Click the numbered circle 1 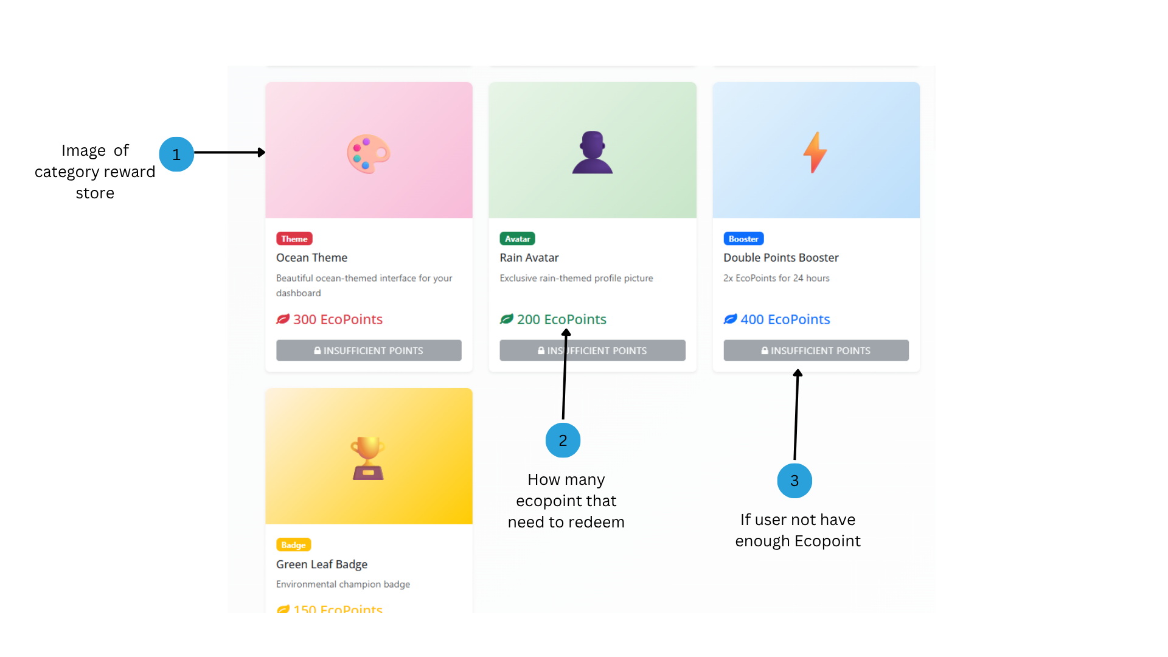[x=176, y=154]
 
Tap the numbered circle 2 [x=563, y=440]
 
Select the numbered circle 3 [x=794, y=481]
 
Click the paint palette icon [x=369, y=153]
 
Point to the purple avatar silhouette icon [x=593, y=152]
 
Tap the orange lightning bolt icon [x=815, y=152]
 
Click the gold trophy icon [x=368, y=458]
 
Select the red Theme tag [x=294, y=238]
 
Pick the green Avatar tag [x=517, y=238]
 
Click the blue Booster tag [x=743, y=238]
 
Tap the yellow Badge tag [x=293, y=544]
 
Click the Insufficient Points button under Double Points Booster [x=816, y=350]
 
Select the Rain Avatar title [x=529, y=258]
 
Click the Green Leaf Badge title [x=322, y=565]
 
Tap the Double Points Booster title [x=781, y=258]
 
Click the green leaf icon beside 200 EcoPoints [x=507, y=319]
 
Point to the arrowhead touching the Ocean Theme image [x=262, y=152]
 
